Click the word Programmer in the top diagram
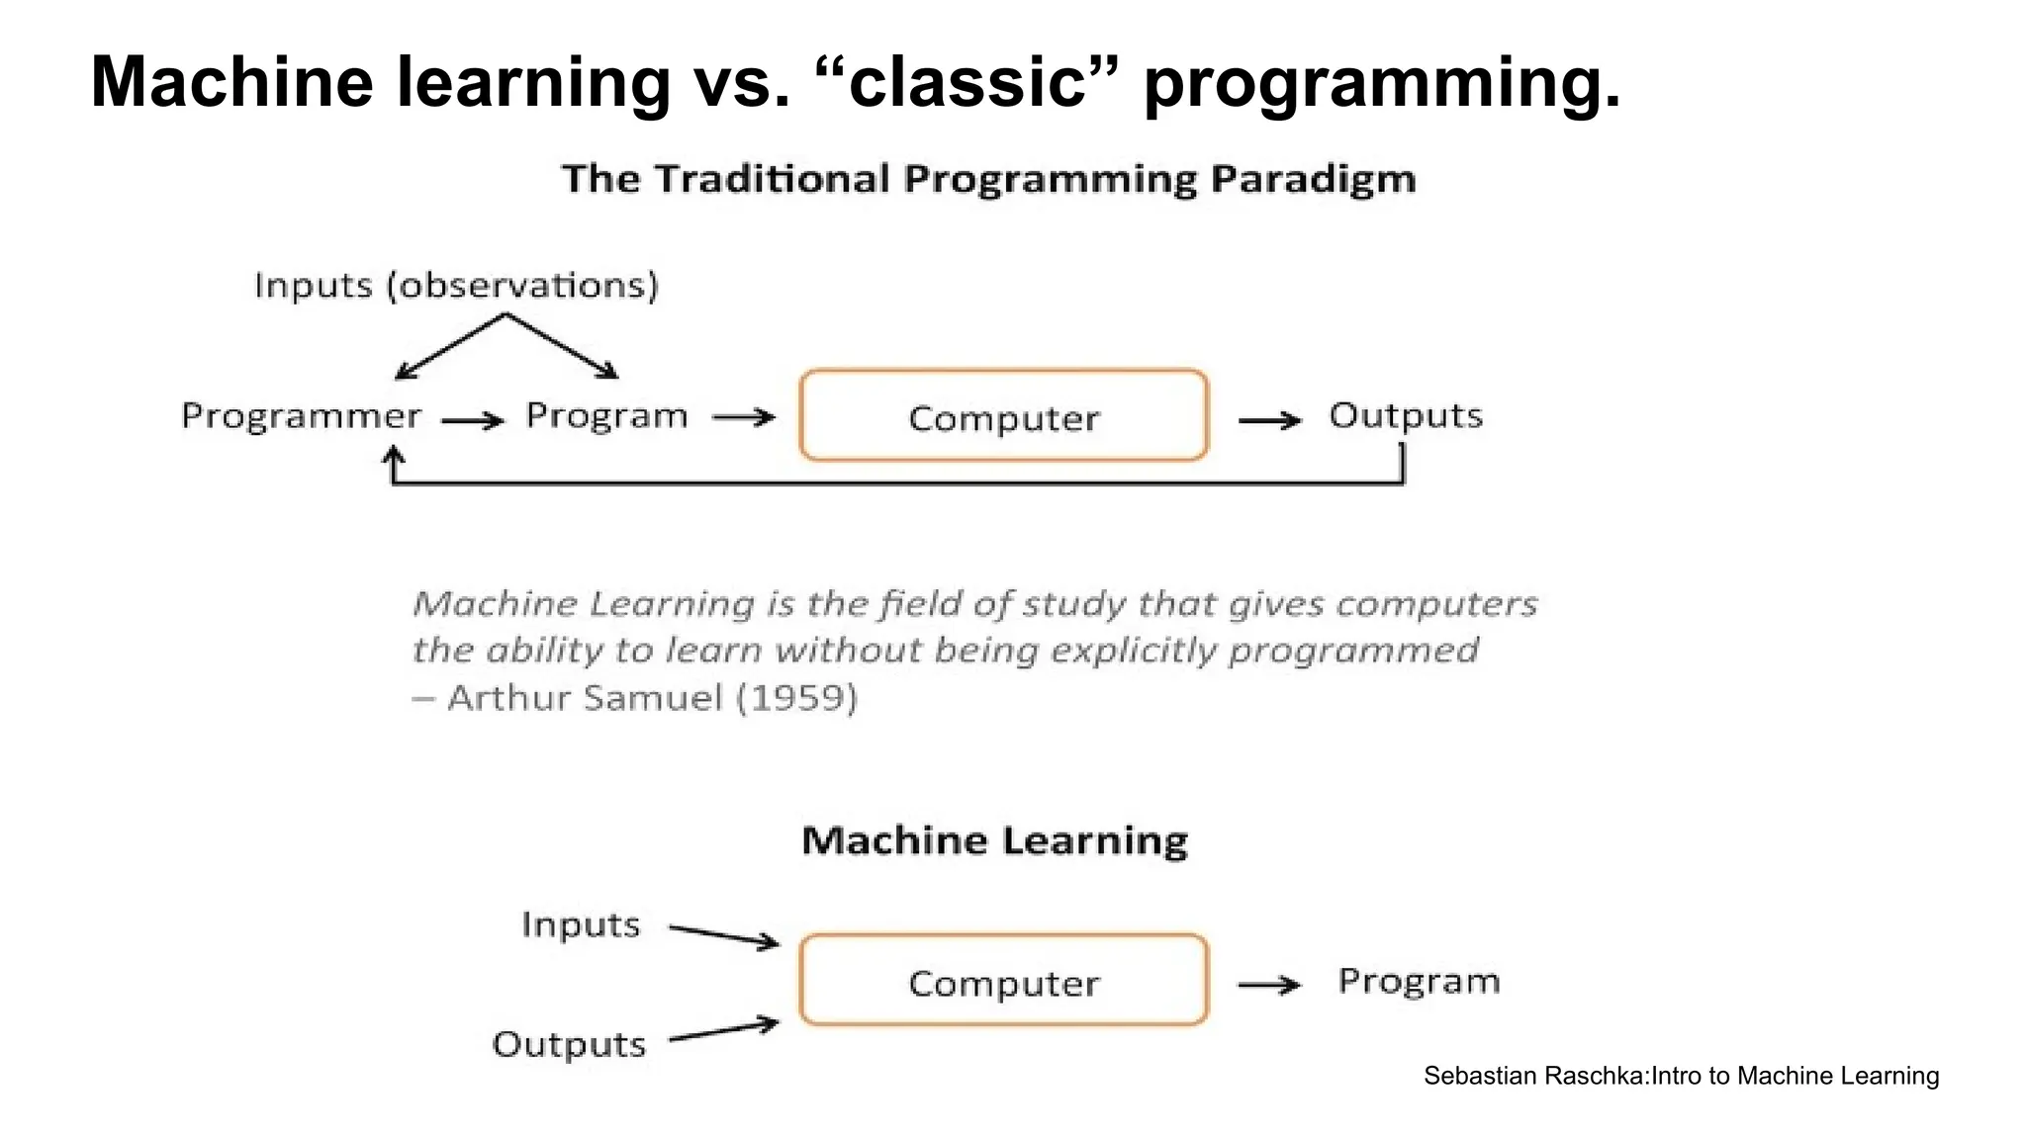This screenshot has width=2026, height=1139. (301, 416)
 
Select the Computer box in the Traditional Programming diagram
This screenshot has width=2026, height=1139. (1003, 416)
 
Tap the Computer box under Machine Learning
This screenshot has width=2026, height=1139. (1003, 981)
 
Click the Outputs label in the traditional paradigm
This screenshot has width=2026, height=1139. (1405, 415)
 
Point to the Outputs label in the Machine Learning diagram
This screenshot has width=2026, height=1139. (569, 1044)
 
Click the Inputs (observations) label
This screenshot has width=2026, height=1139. (456, 285)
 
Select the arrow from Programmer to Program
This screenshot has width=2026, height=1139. (473, 421)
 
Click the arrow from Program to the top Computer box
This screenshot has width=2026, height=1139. (744, 418)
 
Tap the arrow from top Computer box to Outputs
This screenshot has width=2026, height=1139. (1269, 420)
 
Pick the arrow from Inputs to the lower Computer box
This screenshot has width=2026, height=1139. (724, 935)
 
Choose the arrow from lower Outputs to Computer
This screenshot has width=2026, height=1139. (724, 1030)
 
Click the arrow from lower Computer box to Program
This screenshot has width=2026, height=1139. (1269, 985)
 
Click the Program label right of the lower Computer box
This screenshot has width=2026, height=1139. (1419, 981)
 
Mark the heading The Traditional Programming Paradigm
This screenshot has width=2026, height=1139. (988, 179)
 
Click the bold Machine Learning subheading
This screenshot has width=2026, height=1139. (994, 840)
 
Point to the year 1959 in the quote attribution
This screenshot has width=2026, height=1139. (796, 698)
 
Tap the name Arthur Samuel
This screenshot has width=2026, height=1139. (585, 698)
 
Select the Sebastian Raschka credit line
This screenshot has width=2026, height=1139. (1681, 1076)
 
